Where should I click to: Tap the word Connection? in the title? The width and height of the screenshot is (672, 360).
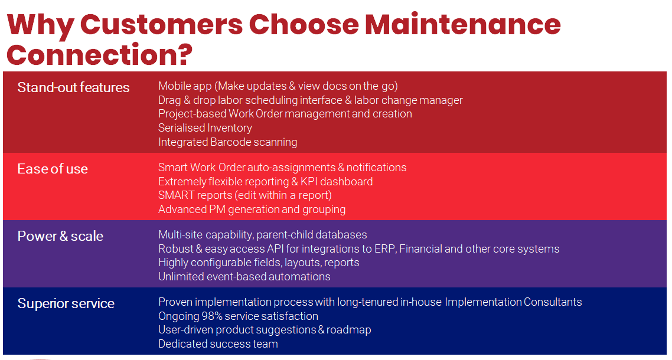coord(99,54)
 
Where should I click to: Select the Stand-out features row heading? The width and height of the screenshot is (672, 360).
coord(73,87)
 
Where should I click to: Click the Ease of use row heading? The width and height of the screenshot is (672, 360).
coord(53,169)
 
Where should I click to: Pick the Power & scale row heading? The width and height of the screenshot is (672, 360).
coord(60,236)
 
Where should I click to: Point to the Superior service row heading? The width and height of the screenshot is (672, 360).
coord(66,303)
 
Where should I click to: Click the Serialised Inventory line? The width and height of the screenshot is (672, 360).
coord(205,128)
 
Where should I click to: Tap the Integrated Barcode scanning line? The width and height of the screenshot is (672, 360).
coord(227,142)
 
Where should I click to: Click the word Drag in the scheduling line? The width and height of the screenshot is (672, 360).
coord(170,100)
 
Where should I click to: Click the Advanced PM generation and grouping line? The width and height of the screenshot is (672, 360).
coord(252,210)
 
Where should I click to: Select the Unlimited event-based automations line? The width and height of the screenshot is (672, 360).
coord(244,277)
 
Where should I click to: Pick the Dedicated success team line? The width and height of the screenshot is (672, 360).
coord(218,344)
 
